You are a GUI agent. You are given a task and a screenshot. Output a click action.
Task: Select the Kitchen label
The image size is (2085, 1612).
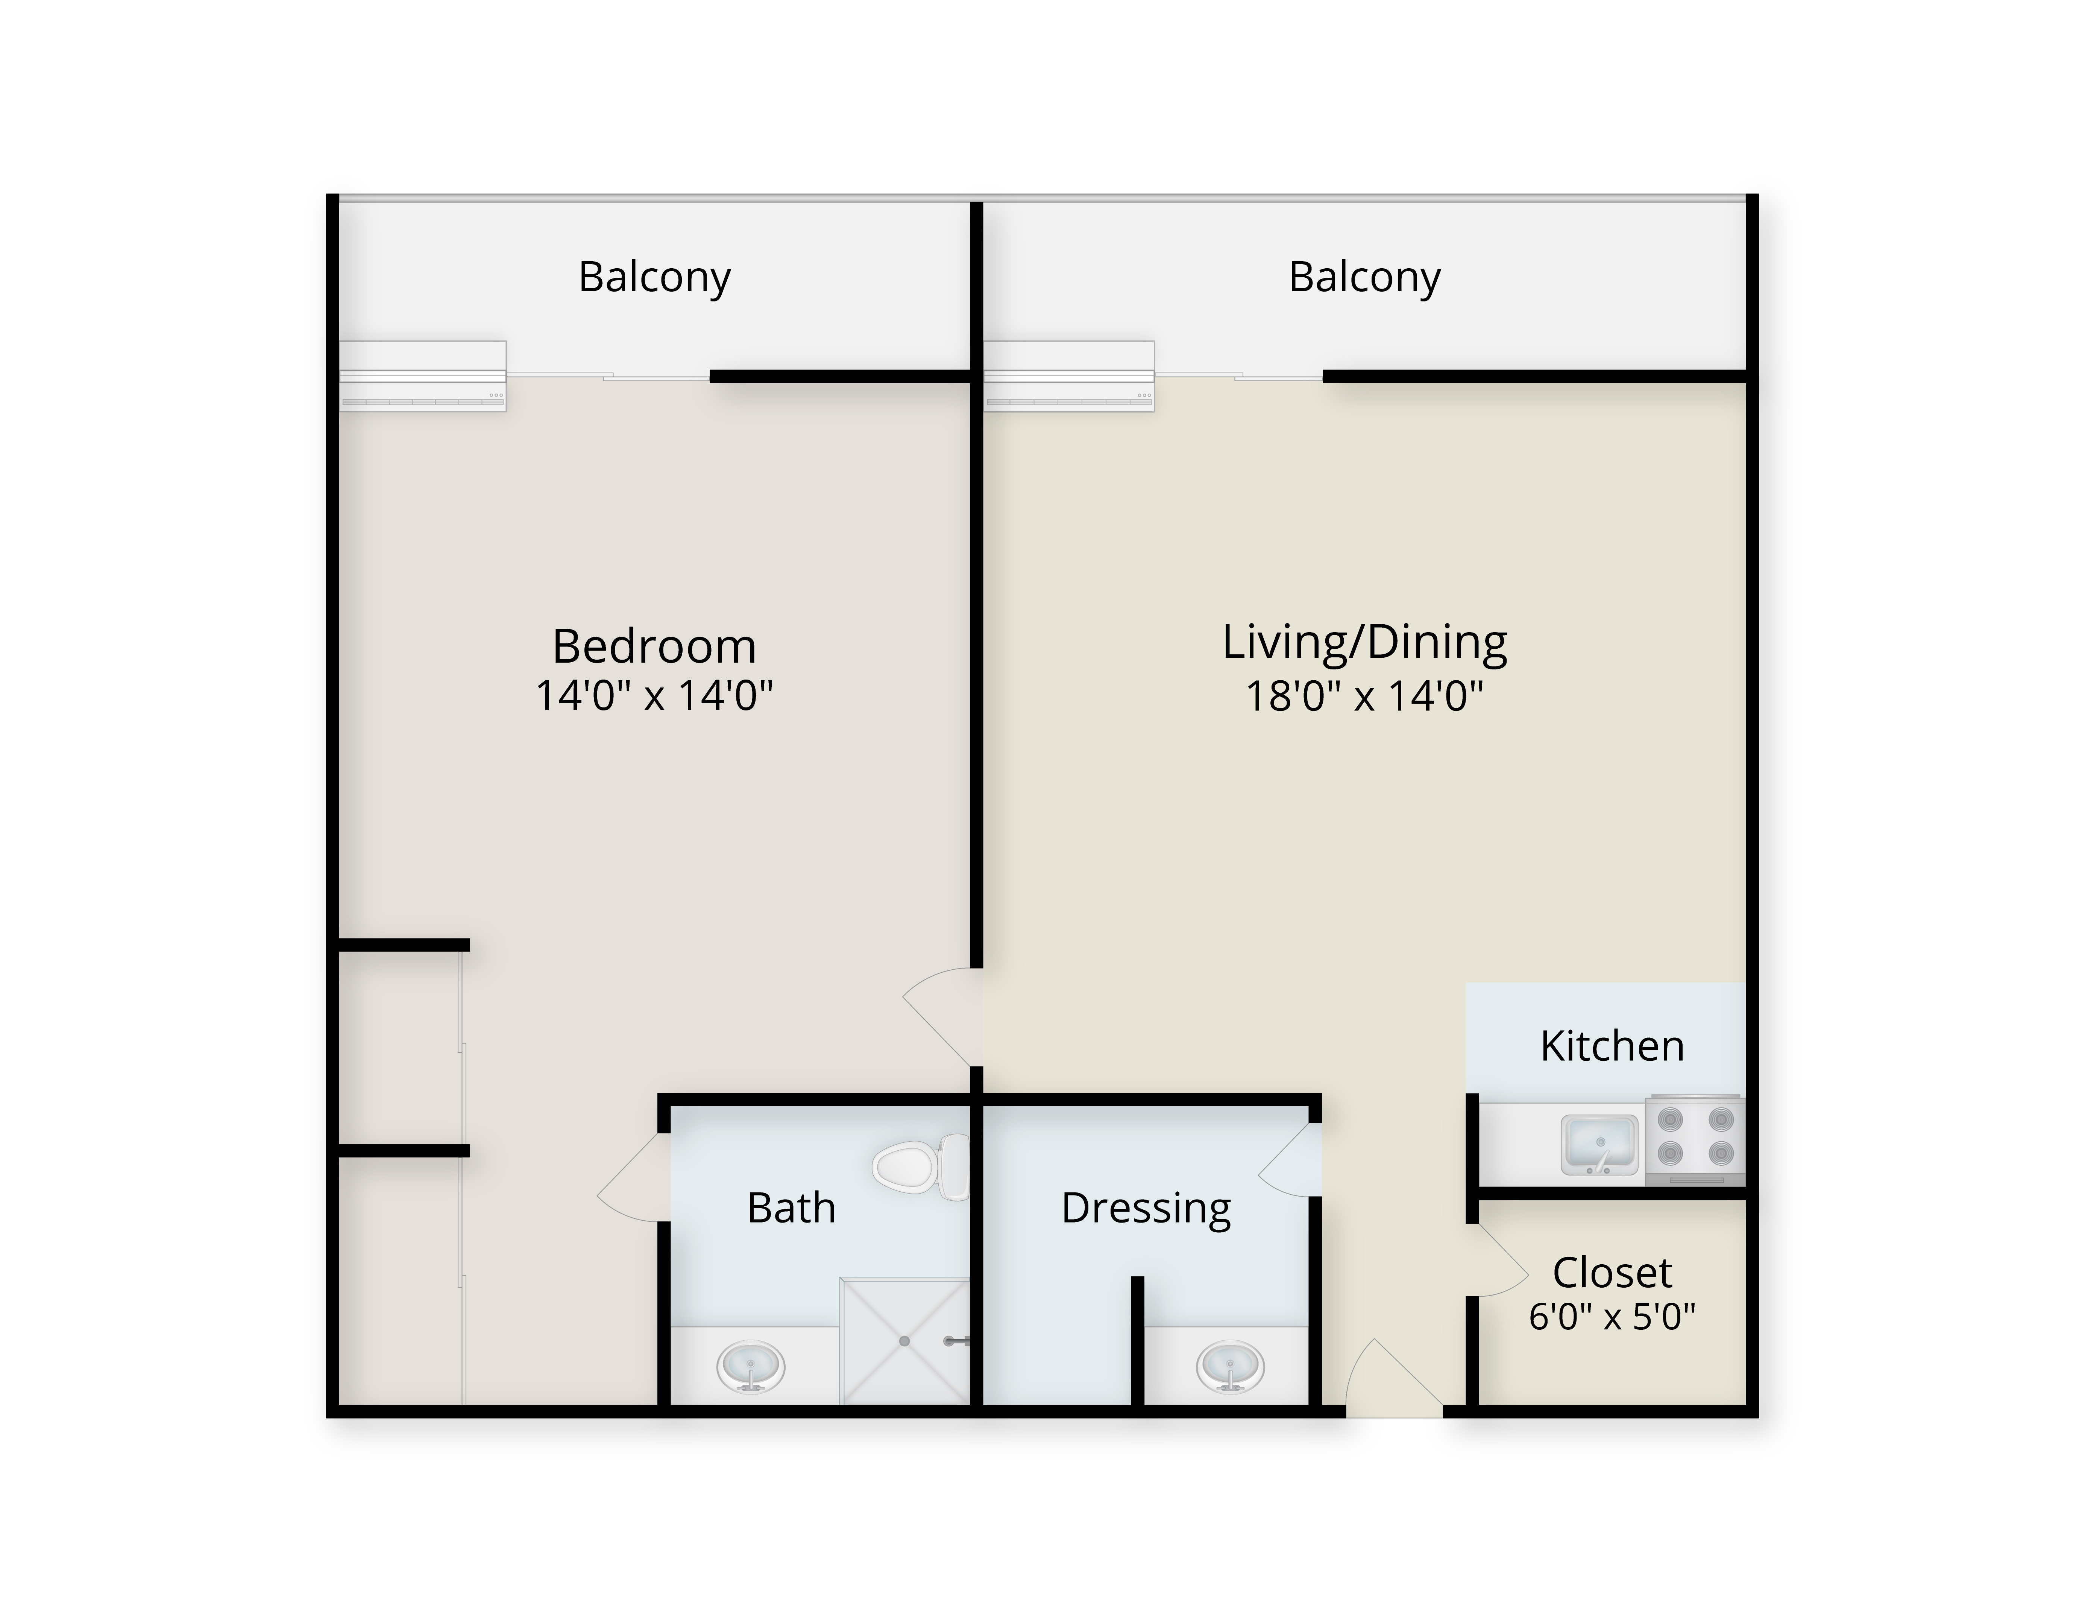pos(1612,1047)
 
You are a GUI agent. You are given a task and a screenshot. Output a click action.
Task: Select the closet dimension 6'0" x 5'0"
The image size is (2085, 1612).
pos(1612,1317)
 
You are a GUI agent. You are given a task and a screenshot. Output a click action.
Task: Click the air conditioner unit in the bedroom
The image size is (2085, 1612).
pos(423,376)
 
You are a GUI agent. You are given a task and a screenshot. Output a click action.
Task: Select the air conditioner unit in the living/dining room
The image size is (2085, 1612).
pos(1069,376)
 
